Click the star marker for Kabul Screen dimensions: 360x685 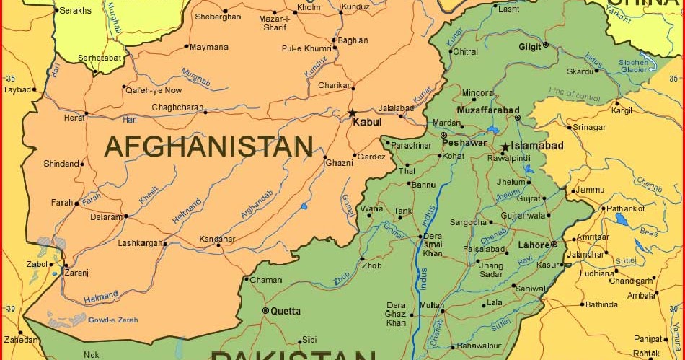(353, 113)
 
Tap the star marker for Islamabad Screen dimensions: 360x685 (505, 147)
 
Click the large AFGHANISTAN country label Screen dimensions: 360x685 (209, 146)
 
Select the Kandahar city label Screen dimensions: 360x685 (217, 239)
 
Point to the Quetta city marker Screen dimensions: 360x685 (265, 311)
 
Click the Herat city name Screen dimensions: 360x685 (74, 118)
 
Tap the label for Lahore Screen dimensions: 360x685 (534, 245)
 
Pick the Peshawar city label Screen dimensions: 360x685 (469, 143)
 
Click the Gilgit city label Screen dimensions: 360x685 (529, 47)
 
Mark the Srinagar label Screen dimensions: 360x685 (589, 127)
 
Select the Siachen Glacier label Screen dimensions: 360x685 (635, 66)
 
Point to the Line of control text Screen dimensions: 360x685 (575, 94)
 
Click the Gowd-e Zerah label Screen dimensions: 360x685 (113, 319)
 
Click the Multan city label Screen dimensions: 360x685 (432, 306)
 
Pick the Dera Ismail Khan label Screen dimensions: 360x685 (433, 245)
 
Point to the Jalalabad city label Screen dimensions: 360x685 (394, 107)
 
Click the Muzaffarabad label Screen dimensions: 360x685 (488, 110)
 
